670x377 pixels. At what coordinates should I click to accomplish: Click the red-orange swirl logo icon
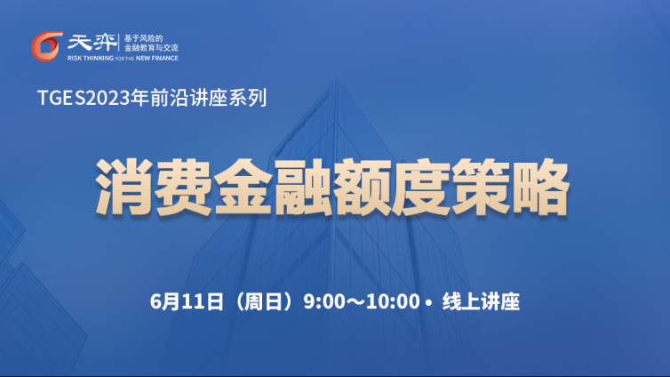point(46,46)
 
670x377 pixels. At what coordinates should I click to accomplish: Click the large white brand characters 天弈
point(92,43)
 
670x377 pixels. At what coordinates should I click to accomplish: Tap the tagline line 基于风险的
point(143,38)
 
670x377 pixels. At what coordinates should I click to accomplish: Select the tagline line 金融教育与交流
point(151,48)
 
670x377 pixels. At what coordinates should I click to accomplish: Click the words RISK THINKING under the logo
point(91,58)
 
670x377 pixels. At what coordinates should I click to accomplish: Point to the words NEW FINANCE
point(156,58)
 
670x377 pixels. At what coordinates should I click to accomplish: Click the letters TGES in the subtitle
point(61,98)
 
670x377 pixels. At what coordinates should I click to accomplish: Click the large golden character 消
point(124,187)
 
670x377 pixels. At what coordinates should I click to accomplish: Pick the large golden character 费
point(183,187)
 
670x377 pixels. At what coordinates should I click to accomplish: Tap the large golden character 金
point(243,187)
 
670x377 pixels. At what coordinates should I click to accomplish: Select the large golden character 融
point(302,187)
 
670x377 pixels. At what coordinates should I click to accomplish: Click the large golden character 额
point(362,187)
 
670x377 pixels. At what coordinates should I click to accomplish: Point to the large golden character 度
point(421,187)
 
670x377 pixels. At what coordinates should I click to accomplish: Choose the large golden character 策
point(481,187)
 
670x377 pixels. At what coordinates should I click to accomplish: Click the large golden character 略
point(540,187)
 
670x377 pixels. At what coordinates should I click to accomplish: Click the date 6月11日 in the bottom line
point(187,301)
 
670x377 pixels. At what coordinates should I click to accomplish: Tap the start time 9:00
point(324,301)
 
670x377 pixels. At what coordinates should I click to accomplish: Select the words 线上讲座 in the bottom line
point(481,301)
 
